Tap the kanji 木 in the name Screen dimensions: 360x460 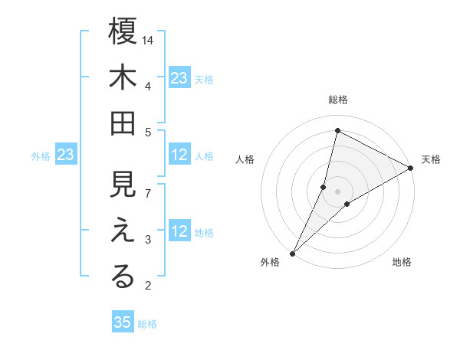tap(123, 79)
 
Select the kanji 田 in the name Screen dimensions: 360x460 tap(123, 123)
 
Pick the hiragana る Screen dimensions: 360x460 tap(123, 277)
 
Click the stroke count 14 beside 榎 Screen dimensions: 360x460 tap(149, 39)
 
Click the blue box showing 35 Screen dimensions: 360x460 tap(123, 322)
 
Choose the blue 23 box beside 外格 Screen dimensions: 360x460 tap(65, 155)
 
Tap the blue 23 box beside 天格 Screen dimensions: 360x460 tap(179, 77)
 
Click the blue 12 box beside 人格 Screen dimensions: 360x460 tap(179, 155)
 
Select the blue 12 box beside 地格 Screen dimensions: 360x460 tap(179, 232)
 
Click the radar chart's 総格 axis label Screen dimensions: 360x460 tap(338, 100)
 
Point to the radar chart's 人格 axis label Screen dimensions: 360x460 tap(245, 159)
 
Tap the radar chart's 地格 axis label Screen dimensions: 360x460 tap(402, 263)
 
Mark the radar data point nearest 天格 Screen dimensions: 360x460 tap(410, 169)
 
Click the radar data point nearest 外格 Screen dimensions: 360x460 tap(292, 253)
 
